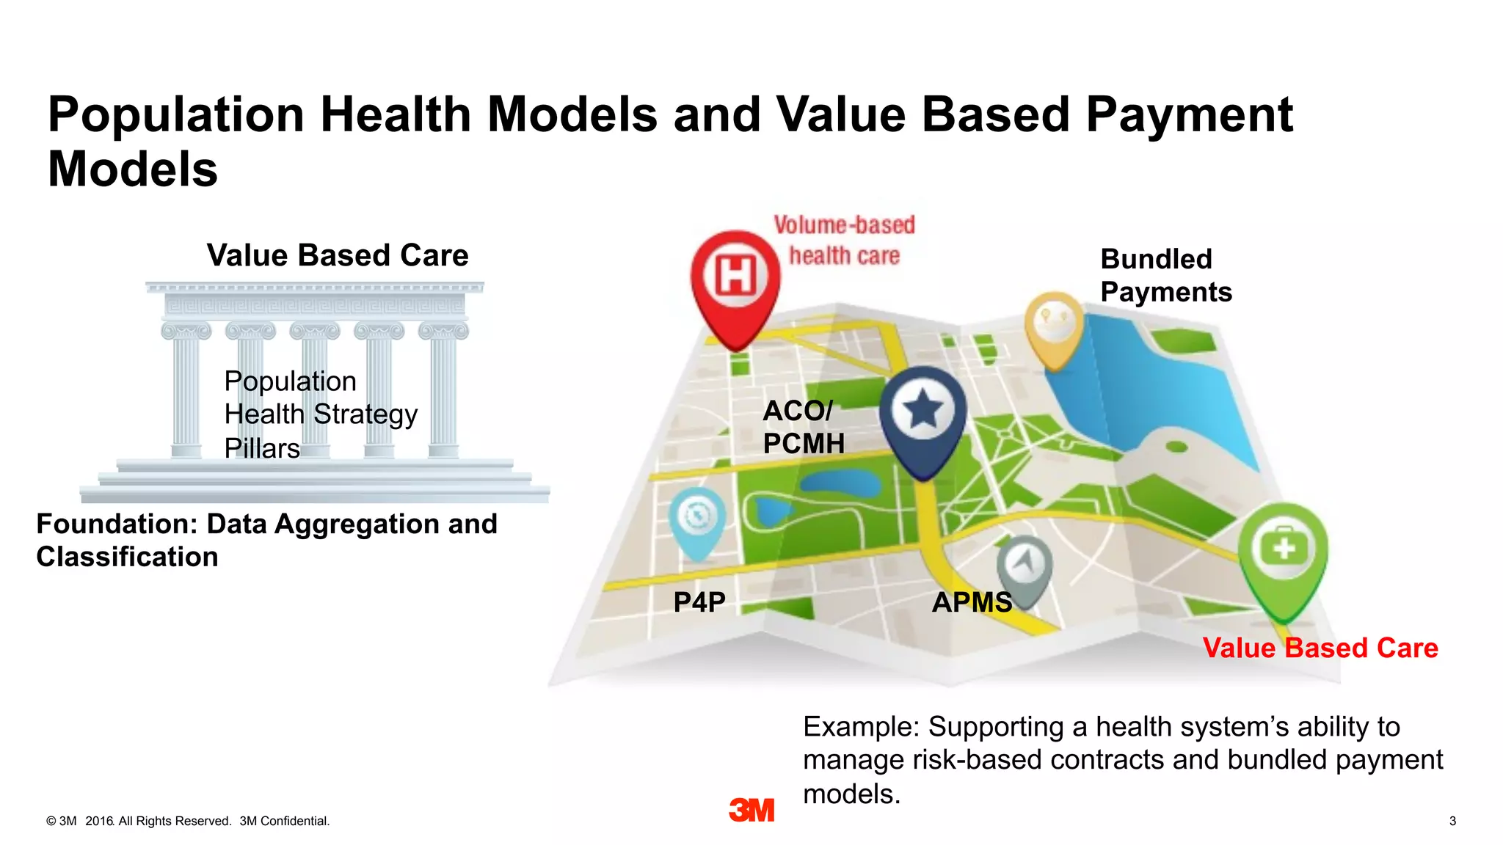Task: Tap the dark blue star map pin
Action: pyautogui.click(x=922, y=415)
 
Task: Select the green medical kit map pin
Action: pyautogui.click(x=1283, y=554)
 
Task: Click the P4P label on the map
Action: pyautogui.click(x=699, y=602)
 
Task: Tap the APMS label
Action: pyautogui.click(x=972, y=602)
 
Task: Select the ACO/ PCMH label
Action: pyautogui.click(x=803, y=427)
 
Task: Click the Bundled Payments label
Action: pyautogui.click(x=1165, y=275)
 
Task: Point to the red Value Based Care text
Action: pyautogui.click(x=1320, y=648)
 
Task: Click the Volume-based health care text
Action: pyautogui.click(x=844, y=240)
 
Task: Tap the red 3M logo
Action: pyautogui.click(x=751, y=810)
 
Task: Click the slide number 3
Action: pyautogui.click(x=1452, y=821)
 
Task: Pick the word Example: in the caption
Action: pyautogui.click(x=861, y=727)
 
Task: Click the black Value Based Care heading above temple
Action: pyautogui.click(x=338, y=255)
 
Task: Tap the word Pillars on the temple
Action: pyautogui.click(x=262, y=448)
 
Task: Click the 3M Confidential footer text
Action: pyautogui.click(x=285, y=821)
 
